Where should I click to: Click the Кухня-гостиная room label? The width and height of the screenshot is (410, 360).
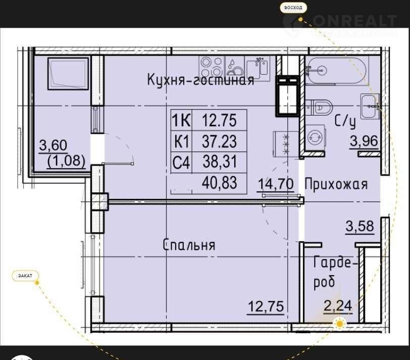(200, 80)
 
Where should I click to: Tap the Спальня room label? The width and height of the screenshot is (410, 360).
(189, 245)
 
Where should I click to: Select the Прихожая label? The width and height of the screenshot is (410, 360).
(336, 184)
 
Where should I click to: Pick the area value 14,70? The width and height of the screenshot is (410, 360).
(276, 183)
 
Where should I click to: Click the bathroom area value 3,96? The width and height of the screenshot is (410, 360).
(364, 141)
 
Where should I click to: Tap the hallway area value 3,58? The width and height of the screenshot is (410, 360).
(360, 226)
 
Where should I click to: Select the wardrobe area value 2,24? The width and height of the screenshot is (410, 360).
(338, 305)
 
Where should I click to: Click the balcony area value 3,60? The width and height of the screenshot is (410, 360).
(54, 145)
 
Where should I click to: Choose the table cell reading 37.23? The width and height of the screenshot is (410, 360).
(219, 141)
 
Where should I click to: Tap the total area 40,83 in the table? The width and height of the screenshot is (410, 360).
(219, 183)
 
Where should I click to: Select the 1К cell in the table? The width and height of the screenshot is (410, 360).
(181, 121)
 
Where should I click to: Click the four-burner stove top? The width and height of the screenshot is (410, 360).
(211, 67)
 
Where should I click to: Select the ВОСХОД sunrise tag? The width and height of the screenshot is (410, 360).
(293, 8)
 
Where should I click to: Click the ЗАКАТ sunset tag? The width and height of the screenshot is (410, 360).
(25, 276)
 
